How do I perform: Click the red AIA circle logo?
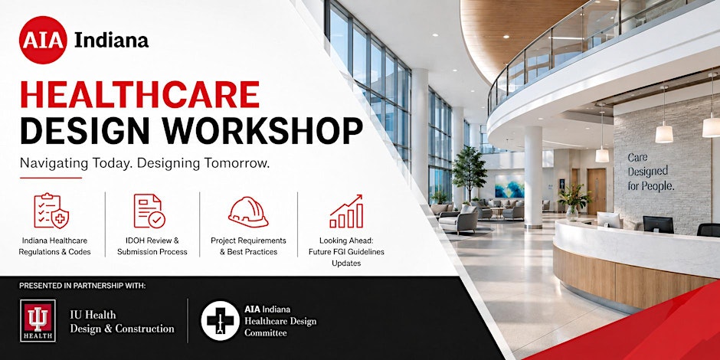(x=43, y=40)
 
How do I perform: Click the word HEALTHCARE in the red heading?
(x=139, y=94)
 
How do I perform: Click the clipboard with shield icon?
(x=51, y=211)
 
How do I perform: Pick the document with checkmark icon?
(x=149, y=211)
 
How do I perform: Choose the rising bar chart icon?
(x=346, y=211)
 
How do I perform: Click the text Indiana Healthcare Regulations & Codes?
(x=54, y=246)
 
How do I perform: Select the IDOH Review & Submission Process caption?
(x=152, y=246)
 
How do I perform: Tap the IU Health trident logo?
(x=38, y=321)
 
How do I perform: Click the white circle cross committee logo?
(x=220, y=320)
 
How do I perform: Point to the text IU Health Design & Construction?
(x=122, y=322)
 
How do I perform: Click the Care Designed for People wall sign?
(x=650, y=172)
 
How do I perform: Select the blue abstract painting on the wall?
(x=509, y=186)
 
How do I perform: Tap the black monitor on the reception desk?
(x=658, y=224)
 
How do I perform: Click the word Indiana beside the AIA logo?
(x=112, y=40)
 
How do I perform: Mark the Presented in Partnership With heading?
(x=83, y=286)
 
